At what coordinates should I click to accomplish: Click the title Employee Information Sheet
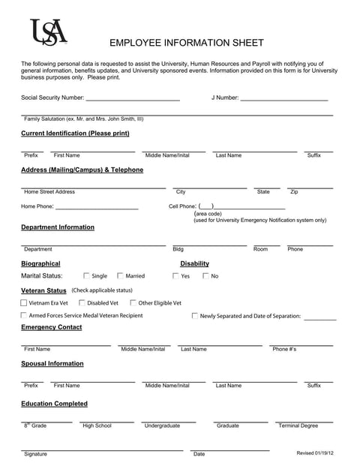click(187, 43)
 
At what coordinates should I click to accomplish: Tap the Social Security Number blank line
click(133, 99)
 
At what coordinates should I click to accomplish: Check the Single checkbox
click(86, 276)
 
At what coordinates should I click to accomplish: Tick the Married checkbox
click(120, 276)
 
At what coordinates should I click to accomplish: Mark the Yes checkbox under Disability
click(175, 276)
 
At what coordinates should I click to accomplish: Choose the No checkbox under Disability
click(205, 276)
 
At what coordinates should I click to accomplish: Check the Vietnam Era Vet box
click(24, 303)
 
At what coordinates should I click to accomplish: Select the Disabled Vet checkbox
click(82, 303)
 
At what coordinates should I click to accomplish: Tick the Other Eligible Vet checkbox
click(133, 303)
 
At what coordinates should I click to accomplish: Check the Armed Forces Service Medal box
click(24, 316)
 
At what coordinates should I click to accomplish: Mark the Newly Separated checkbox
click(195, 316)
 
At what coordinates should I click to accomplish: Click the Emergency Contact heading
click(52, 327)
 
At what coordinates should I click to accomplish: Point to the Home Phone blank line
click(97, 208)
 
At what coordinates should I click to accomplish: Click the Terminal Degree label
click(298, 425)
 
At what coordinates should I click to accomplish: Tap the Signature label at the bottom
click(35, 454)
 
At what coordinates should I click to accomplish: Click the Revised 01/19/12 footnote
click(315, 453)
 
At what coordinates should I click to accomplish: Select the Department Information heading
click(58, 227)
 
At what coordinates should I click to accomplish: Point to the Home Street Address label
click(49, 192)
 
